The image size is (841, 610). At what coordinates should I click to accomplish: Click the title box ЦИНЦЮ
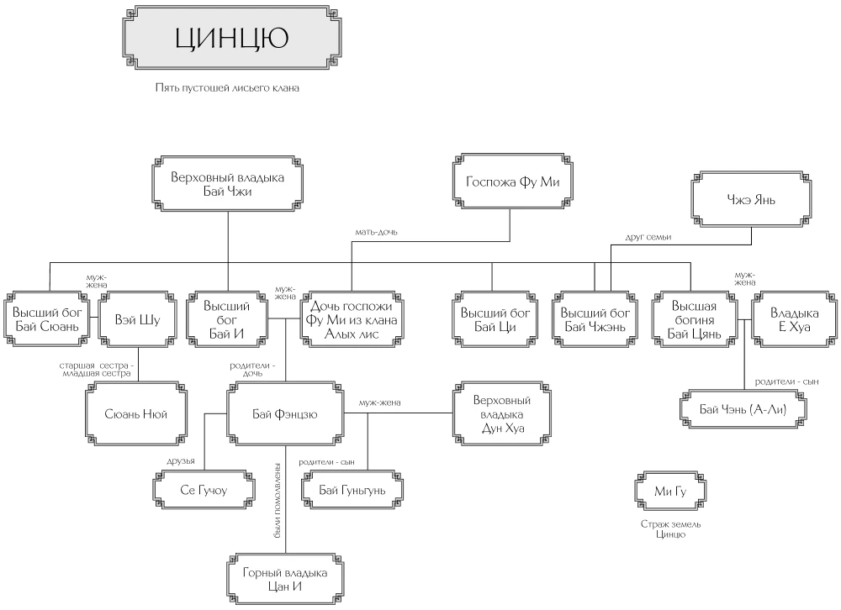[x=232, y=39]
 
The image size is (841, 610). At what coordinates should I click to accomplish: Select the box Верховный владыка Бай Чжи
[x=228, y=185]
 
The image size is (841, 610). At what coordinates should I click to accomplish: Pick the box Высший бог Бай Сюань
[x=49, y=320]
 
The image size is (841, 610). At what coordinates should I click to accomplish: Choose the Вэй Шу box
[x=137, y=320]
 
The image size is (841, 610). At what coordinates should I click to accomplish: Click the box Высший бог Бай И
[x=227, y=320]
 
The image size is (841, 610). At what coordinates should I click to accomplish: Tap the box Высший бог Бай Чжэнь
[x=595, y=320]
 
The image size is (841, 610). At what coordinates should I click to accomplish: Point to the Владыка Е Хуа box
[x=791, y=320]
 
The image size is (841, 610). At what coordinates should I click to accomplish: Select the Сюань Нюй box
[x=136, y=413]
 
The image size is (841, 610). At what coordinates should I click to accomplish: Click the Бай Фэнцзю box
[x=285, y=413]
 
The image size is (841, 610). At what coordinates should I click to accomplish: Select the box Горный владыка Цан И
[x=284, y=579]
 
